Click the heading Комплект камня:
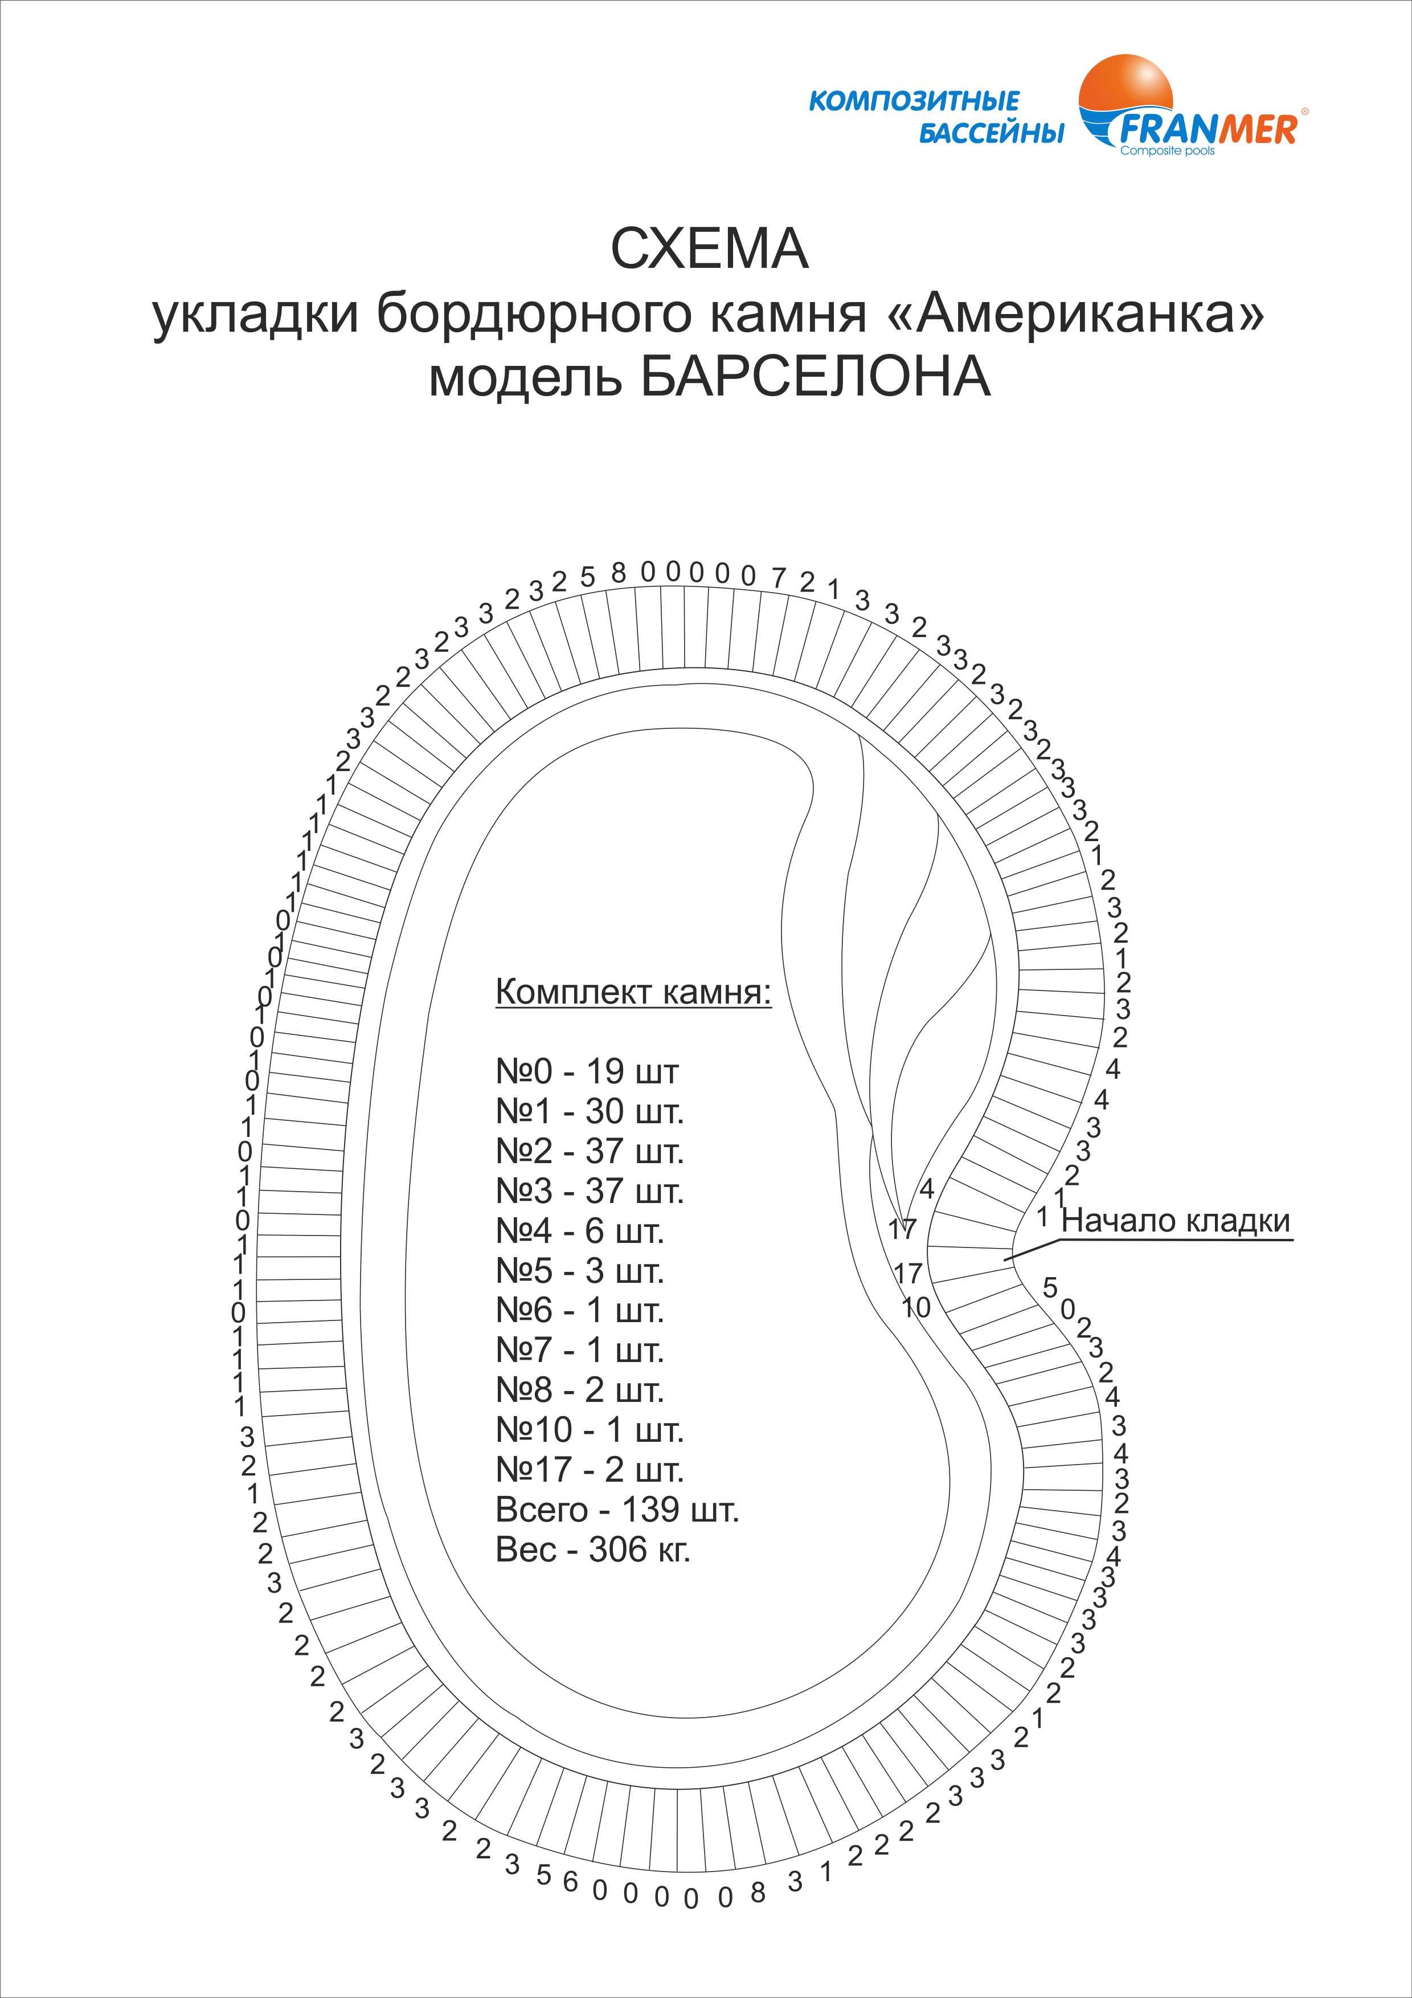click(x=632, y=992)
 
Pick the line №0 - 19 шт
click(x=586, y=1071)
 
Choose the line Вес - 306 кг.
click(x=592, y=1549)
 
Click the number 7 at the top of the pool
click(x=779, y=576)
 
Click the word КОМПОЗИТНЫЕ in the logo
click(x=914, y=101)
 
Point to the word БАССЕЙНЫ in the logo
click(x=991, y=134)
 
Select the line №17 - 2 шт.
click(x=589, y=1470)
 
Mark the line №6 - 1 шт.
click(x=579, y=1311)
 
